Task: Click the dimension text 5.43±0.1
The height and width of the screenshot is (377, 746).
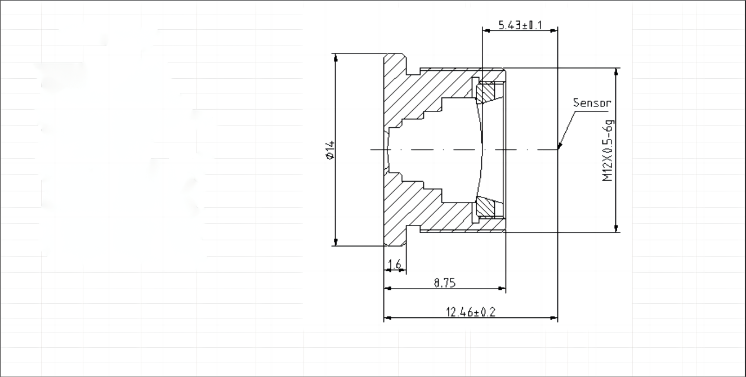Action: [x=520, y=25]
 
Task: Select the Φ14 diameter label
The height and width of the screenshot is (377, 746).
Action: [x=330, y=150]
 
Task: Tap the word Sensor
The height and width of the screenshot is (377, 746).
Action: [x=591, y=103]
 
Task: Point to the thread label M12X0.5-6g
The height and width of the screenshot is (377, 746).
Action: [x=607, y=150]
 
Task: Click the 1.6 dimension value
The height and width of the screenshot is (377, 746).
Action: [x=395, y=264]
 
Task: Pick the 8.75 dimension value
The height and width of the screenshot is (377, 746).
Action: [x=444, y=283]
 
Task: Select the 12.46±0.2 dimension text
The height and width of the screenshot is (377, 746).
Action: [x=471, y=312]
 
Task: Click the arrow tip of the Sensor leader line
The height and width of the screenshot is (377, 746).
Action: [x=559, y=149]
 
